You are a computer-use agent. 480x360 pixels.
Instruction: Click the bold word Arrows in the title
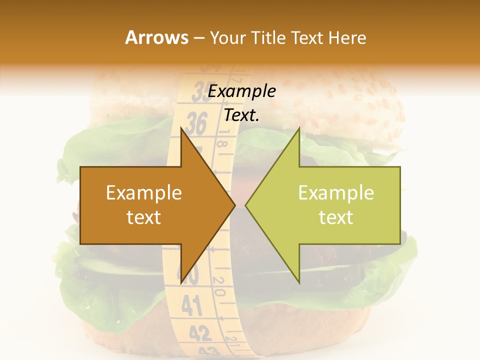156,37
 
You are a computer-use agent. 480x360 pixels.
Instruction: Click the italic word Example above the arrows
242,91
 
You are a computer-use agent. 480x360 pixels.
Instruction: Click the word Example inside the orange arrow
144,193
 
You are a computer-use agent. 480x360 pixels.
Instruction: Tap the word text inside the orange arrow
144,217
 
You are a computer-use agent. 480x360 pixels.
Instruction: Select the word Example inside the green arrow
336,193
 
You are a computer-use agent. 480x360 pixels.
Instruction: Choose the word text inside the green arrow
336,217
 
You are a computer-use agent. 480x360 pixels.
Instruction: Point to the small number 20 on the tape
219,286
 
